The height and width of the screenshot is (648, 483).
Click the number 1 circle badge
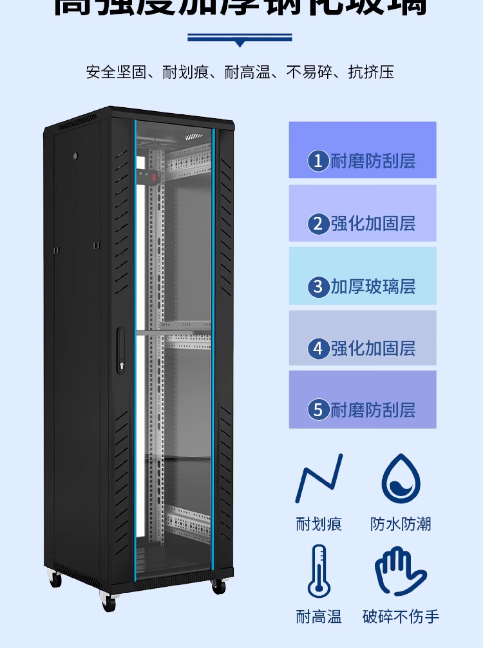point(318,161)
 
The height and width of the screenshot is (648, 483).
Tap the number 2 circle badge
point(319,224)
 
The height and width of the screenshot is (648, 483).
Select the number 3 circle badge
point(318,287)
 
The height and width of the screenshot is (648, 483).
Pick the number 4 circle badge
point(319,349)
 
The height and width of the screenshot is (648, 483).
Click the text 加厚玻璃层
point(373,287)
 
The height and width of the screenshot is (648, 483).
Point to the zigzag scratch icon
point(319,479)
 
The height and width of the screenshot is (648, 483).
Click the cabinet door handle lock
point(121,351)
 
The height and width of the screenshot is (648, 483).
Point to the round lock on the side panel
point(76,156)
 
